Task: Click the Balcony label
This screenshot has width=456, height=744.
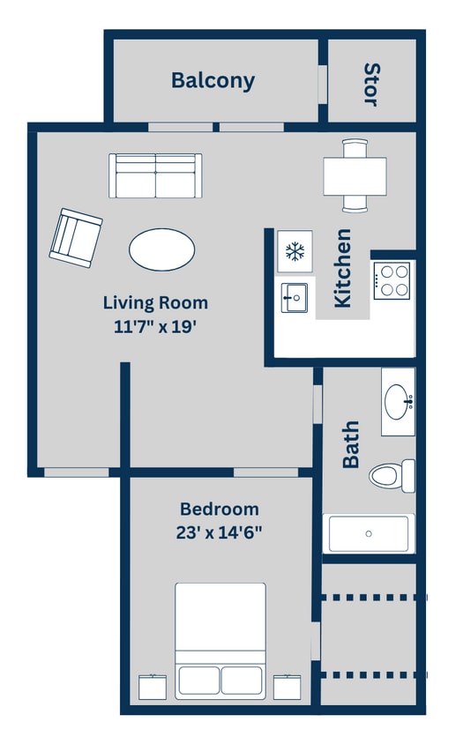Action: click(213, 81)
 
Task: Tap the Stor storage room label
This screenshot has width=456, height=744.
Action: click(371, 84)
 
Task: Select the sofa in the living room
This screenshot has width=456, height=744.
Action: click(155, 175)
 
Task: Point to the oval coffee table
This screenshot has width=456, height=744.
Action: click(162, 249)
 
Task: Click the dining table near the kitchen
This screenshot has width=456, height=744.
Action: click(355, 175)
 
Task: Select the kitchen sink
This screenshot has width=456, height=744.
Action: click(294, 298)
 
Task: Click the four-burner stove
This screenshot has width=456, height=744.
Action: click(391, 280)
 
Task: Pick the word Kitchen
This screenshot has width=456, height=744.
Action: click(343, 268)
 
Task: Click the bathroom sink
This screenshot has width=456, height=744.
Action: click(398, 402)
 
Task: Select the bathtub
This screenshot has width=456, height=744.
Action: click(369, 533)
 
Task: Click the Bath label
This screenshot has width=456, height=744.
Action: click(351, 444)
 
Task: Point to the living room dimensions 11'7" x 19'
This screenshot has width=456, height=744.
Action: click(155, 326)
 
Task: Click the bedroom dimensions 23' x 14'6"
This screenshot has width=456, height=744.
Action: click(220, 532)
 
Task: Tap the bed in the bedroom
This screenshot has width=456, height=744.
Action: click(220, 638)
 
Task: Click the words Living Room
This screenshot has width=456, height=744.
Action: click(155, 302)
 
